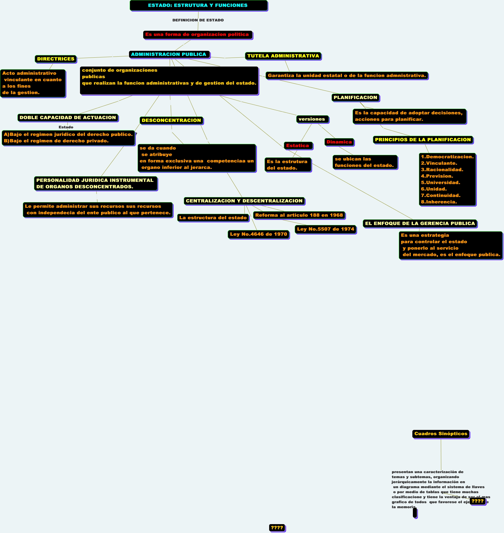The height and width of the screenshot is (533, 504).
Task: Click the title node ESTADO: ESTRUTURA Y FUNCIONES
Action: click(x=198, y=5)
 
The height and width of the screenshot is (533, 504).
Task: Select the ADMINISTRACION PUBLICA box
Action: click(x=169, y=54)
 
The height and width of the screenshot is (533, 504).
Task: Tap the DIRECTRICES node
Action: click(x=56, y=59)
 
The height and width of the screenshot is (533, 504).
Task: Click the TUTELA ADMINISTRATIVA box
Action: click(x=283, y=56)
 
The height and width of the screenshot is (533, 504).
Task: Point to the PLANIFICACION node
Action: click(x=355, y=98)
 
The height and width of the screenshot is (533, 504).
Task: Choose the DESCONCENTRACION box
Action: click(x=171, y=120)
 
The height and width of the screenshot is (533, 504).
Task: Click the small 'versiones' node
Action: click(x=312, y=119)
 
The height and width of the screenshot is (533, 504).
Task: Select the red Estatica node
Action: click(x=298, y=146)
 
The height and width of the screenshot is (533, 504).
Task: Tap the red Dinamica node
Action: click(x=339, y=142)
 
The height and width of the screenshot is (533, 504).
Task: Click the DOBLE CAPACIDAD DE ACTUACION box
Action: click(x=68, y=117)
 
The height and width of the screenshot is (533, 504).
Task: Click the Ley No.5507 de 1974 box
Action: click(x=326, y=229)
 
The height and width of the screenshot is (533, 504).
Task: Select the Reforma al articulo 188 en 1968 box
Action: click(x=299, y=215)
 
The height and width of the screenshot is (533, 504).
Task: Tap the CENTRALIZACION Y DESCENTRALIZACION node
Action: click(x=244, y=201)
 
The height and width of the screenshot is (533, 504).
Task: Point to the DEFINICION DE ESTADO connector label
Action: click(x=198, y=20)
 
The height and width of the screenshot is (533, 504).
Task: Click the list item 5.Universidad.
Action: click(x=440, y=182)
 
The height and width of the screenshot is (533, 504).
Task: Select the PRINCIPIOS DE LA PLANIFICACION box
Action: click(x=423, y=140)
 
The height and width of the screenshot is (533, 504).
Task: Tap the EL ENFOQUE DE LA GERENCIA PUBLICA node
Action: click(x=420, y=223)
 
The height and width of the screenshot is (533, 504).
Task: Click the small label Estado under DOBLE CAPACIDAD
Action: click(x=66, y=127)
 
